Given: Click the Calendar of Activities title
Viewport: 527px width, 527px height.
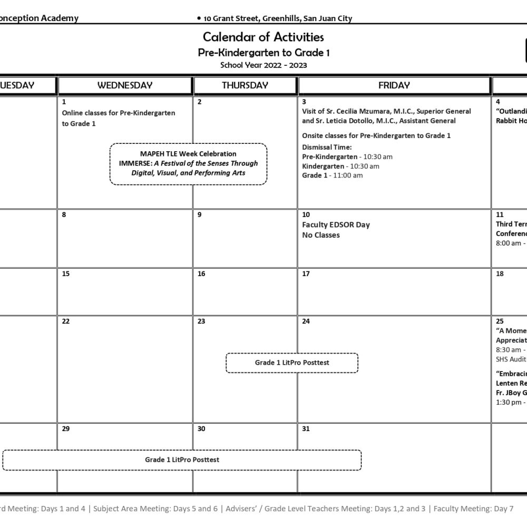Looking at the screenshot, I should click(x=263, y=37).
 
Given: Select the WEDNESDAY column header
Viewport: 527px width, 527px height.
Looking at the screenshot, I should click(x=125, y=85).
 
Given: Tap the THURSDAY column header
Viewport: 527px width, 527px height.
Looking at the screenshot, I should click(x=245, y=85).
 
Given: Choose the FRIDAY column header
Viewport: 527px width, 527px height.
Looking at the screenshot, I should click(x=394, y=85).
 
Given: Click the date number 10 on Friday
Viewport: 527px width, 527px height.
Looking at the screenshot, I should click(x=306, y=215).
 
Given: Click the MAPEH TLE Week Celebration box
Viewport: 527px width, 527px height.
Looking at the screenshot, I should click(x=188, y=163).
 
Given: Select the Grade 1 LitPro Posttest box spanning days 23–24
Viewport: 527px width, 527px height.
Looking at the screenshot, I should click(x=292, y=363).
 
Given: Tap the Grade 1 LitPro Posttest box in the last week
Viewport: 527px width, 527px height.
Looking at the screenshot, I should click(x=182, y=460).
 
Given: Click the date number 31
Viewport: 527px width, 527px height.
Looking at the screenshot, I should click(x=306, y=429).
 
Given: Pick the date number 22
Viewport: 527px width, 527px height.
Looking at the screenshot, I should click(x=66, y=321).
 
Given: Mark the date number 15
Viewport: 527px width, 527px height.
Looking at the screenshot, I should click(x=66, y=274).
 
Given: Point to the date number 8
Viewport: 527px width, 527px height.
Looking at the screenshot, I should click(x=64, y=215).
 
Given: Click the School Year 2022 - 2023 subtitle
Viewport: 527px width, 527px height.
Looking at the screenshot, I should click(x=263, y=65).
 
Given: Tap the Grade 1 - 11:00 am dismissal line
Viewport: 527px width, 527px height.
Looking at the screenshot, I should click(x=332, y=175).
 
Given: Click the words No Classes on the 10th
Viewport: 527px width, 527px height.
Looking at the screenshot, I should click(x=321, y=235).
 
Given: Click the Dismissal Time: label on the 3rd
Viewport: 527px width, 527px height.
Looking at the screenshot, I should click(x=327, y=147).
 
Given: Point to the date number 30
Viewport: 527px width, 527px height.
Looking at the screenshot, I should click(x=201, y=429).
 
